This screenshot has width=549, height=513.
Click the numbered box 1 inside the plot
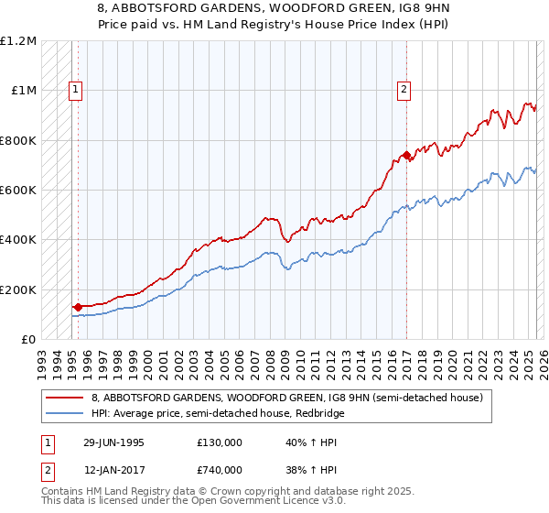(74, 90)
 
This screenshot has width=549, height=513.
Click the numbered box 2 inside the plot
(404, 90)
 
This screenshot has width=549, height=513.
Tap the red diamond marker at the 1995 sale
(78, 307)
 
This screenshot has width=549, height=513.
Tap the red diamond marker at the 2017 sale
(405, 156)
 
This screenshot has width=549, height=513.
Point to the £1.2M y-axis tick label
(18, 41)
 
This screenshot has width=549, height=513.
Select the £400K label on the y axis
(18, 240)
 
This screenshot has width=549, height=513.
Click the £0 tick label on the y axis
(28, 339)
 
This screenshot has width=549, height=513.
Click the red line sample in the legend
(65, 398)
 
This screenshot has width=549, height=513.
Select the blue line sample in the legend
(65, 415)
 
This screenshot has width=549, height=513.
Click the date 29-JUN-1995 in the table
(113, 442)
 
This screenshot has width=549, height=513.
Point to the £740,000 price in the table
(219, 470)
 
